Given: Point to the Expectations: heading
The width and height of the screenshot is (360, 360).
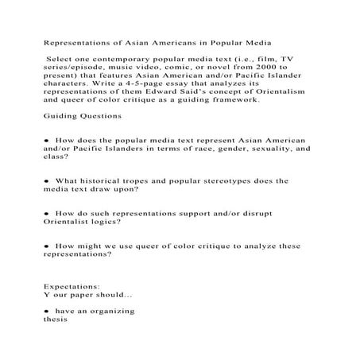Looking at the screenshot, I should pyautogui.click(x=72, y=284).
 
